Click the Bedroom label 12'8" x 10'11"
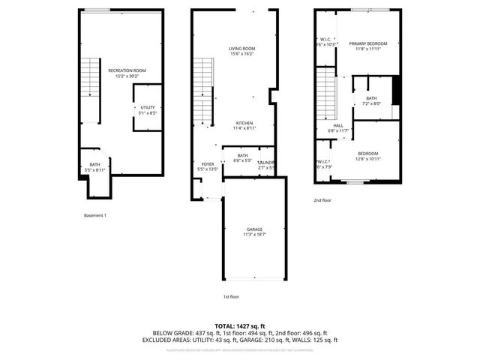[367, 156]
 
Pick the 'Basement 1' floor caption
[95, 216]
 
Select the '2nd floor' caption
[323, 200]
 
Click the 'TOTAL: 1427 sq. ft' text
[240, 325]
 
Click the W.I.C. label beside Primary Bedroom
[325, 42]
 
